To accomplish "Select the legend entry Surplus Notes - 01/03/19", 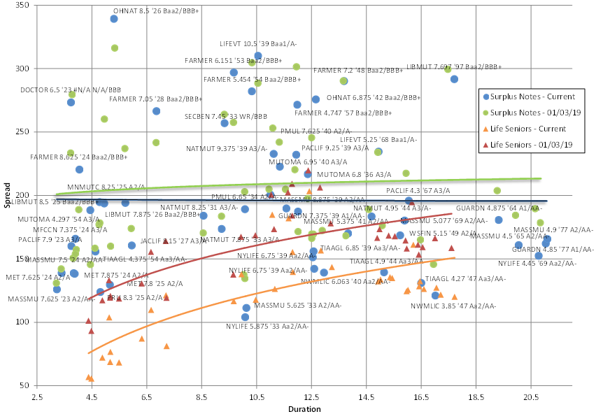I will (535, 113).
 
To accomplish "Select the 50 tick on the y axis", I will (22, 386).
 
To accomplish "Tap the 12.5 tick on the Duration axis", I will (311, 397).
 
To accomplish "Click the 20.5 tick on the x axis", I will (531, 397).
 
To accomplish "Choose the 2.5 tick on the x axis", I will (36, 397).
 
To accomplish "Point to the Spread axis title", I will (7, 195).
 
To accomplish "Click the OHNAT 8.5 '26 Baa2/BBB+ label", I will (156, 11).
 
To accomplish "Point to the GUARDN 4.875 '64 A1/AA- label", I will (494, 208).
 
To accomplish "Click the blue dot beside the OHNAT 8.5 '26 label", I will (114, 19).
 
